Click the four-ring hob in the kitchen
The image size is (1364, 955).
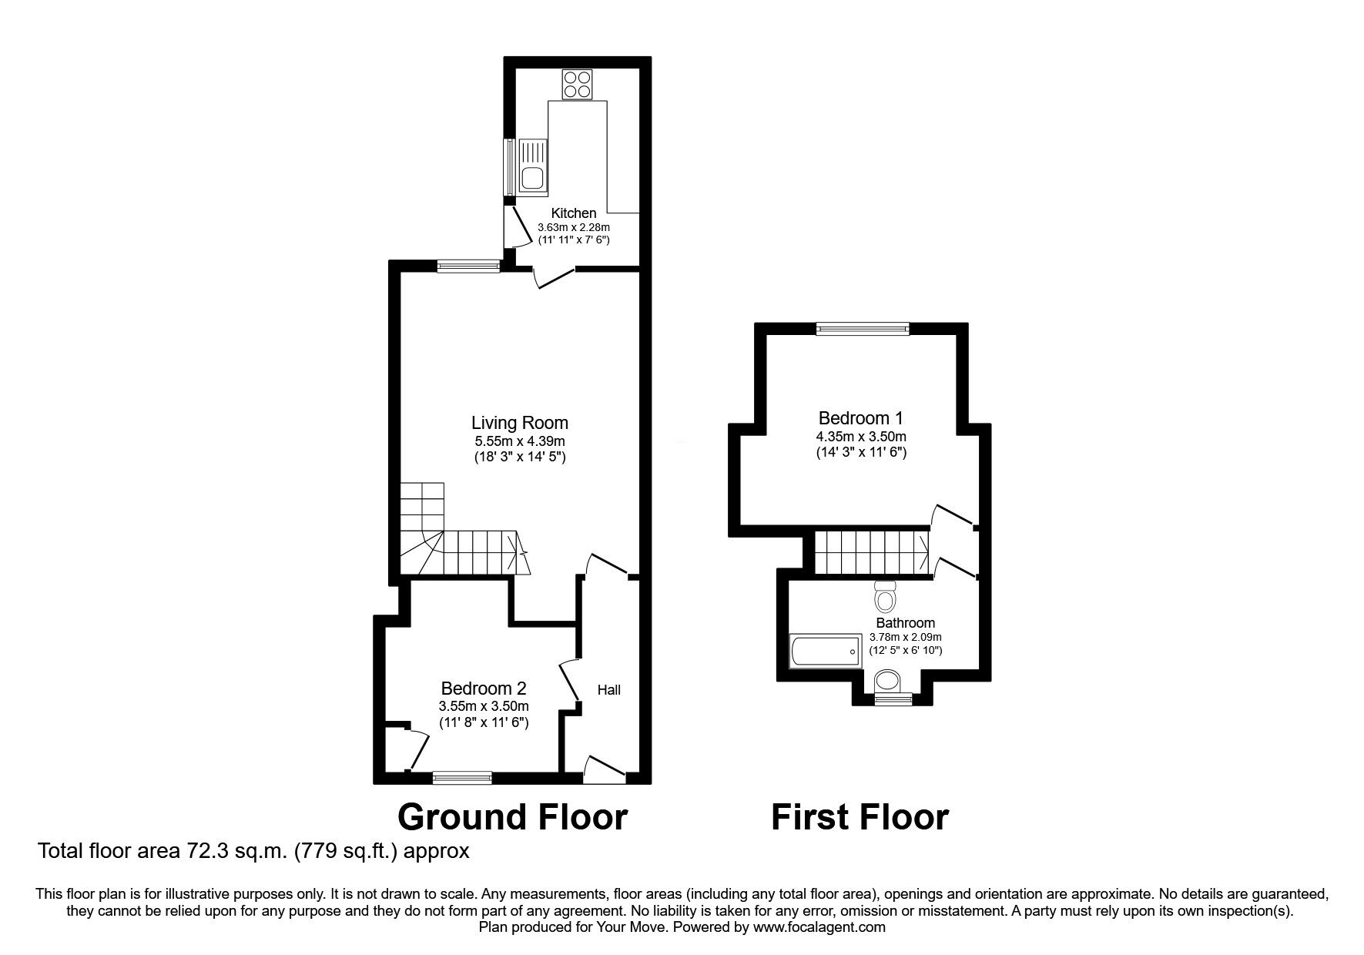(x=578, y=85)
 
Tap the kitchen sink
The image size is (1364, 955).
(x=531, y=164)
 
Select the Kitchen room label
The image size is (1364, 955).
(x=574, y=213)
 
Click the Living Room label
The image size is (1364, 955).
(x=520, y=423)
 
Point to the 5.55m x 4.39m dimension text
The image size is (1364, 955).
(x=520, y=441)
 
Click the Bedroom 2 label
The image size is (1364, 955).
(x=484, y=689)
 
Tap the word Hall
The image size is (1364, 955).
(x=609, y=690)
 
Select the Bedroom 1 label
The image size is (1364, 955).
(x=861, y=418)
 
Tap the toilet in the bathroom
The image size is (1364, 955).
(x=886, y=597)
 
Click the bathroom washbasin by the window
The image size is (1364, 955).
(x=889, y=680)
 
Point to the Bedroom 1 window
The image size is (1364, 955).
(x=863, y=329)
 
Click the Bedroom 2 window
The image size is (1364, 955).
(x=462, y=778)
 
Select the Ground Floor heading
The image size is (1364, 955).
(x=512, y=817)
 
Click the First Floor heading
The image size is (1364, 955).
(x=860, y=817)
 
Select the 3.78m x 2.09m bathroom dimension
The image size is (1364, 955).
(x=906, y=637)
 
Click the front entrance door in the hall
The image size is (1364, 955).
(x=605, y=768)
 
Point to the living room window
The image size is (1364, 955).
(x=469, y=266)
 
